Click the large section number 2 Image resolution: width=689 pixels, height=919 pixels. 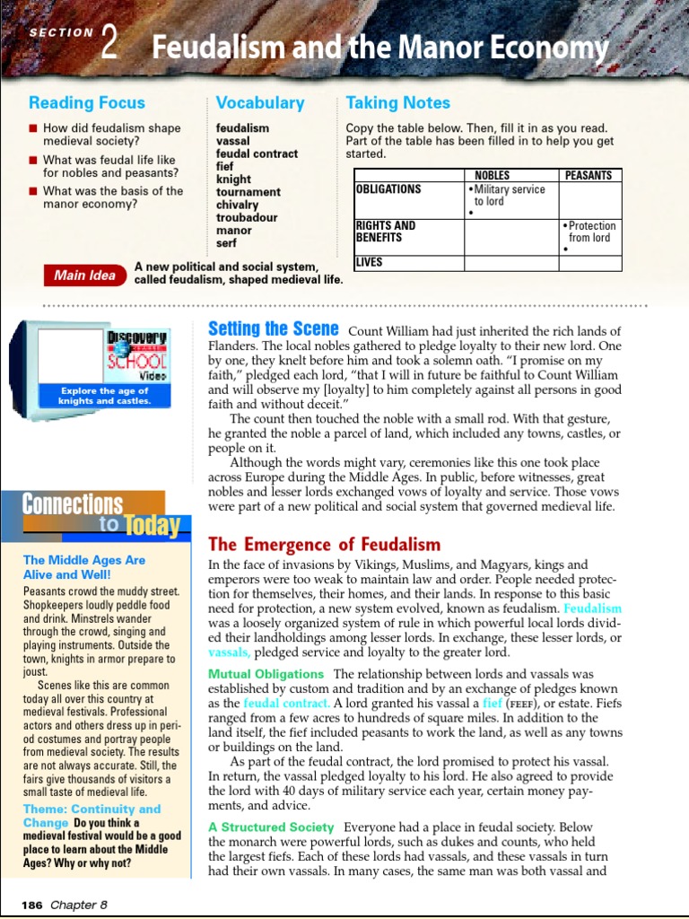coord(110,42)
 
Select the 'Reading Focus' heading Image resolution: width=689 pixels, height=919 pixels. coord(86,103)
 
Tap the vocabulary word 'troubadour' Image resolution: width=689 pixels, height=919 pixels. coord(247,218)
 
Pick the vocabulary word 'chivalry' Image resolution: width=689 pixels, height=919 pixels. coord(237,205)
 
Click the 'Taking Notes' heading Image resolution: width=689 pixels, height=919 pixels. coord(397,103)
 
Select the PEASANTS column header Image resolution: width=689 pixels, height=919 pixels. coord(589,176)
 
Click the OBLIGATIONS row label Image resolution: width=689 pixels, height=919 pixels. coord(388,189)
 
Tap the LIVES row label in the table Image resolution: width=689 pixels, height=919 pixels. coord(369,263)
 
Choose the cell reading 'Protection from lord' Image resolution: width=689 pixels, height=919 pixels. coord(590,232)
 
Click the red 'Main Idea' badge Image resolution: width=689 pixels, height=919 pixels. coord(84,276)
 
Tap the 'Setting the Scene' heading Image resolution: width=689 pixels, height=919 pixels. coord(274,328)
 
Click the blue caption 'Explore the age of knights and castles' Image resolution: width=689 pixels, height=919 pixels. coord(105,396)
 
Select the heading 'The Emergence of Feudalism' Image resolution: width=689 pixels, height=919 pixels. coord(324,545)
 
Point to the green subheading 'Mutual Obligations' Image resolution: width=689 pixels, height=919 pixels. coord(266,674)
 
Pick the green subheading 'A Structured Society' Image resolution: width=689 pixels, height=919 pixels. coord(271,827)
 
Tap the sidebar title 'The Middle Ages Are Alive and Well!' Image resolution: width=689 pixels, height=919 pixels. coord(84,567)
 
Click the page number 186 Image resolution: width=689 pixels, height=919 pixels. coord(32,906)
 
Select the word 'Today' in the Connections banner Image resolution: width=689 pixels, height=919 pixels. coord(150,526)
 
